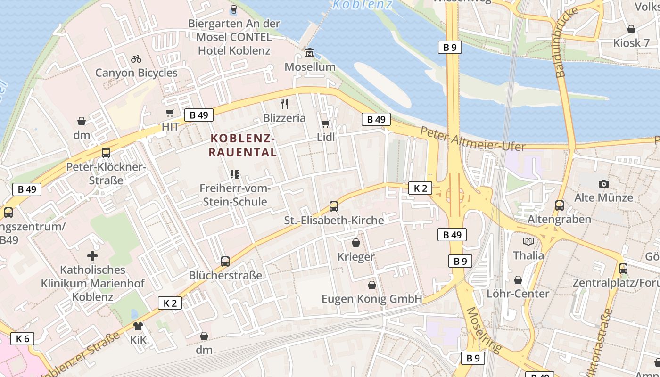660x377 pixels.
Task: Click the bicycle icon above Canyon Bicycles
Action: pos(136,59)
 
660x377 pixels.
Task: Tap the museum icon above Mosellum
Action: pos(310,52)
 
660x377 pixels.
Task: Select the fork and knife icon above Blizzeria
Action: pos(284,104)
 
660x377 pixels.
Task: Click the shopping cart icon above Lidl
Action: pos(325,123)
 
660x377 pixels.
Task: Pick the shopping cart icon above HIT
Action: pos(170,113)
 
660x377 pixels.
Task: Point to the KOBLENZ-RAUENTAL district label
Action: pos(243,145)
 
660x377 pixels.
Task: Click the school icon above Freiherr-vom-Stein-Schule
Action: pos(235,174)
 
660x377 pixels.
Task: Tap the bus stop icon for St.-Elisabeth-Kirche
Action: pos(334,206)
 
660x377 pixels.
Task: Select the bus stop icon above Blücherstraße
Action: pos(225,261)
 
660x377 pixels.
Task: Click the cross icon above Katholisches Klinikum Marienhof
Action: pos(92,256)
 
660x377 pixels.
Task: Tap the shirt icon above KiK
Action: pos(138,326)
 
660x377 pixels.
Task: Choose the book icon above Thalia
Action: pos(528,242)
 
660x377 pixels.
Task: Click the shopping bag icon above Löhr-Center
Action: pos(518,280)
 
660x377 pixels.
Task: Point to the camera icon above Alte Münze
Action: pos(603,184)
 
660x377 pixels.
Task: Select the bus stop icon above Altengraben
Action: pos(560,205)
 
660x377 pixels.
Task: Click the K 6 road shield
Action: pos(23,338)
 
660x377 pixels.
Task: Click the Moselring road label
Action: pos(484,330)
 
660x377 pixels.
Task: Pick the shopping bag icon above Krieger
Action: pos(356,243)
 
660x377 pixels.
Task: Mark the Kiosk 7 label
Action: pos(631,43)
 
